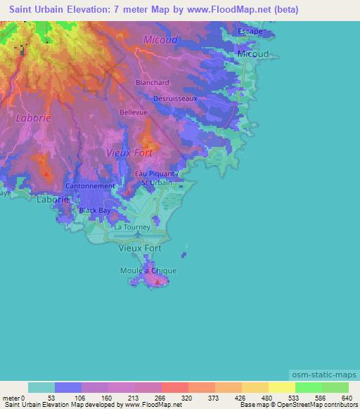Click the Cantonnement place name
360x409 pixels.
(89, 186)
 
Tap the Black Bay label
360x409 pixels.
(94, 210)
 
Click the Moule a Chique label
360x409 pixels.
(148, 271)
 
